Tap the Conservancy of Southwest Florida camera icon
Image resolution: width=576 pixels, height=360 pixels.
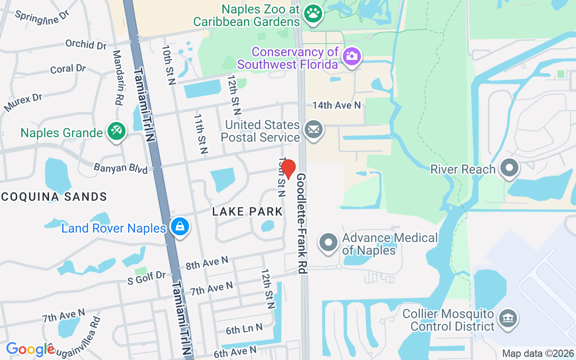click(x=351, y=57)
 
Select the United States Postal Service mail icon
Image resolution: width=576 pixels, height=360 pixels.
click(x=313, y=130)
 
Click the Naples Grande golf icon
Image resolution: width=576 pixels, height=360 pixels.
click(x=117, y=131)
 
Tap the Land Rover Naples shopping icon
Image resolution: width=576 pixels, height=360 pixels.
click(x=180, y=227)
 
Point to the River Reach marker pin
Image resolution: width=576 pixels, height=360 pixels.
click(x=509, y=168)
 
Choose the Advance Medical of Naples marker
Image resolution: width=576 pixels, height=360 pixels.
click(x=328, y=243)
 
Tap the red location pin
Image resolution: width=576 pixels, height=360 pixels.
click(x=288, y=169)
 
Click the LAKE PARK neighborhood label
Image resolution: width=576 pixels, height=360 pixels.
click(x=247, y=211)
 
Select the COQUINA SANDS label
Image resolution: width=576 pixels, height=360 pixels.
click(x=54, y=197)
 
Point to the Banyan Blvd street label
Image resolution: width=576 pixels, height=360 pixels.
click(x=121, y=168)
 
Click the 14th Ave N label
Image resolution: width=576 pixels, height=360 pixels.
click(x=337, y=105)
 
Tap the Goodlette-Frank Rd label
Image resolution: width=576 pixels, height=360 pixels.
click(x=301, y=223)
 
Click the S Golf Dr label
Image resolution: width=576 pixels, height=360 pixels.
click(x=147, y=278)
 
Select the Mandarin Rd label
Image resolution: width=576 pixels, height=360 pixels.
click(x=117, y=77)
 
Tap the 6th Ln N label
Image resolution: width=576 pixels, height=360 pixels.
click(x=244, y=329)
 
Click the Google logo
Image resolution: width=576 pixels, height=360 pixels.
click(x=30, y=349)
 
